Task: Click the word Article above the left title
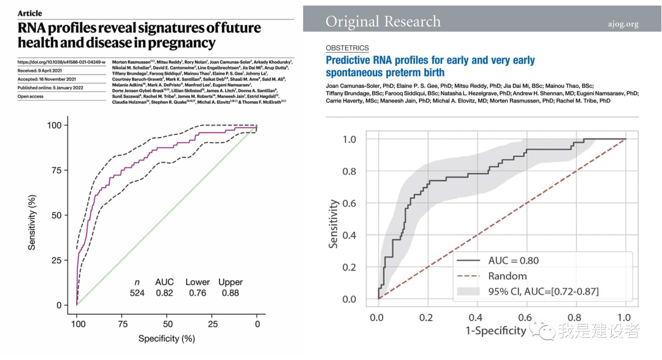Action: pos(30,13)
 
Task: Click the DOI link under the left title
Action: pos(61,62)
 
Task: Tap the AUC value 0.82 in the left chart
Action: pos(164,293)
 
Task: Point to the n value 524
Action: pos(137,293)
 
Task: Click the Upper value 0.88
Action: pos(230,293)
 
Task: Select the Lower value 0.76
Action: pos(197,293)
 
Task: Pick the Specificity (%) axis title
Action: pos(167,339)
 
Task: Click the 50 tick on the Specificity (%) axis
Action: pos(167,323)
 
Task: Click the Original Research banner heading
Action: pos(383,22)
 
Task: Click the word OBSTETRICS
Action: pos(348,48)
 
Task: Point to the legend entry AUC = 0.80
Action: pos(514,260)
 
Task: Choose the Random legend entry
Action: pos(508,276)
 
